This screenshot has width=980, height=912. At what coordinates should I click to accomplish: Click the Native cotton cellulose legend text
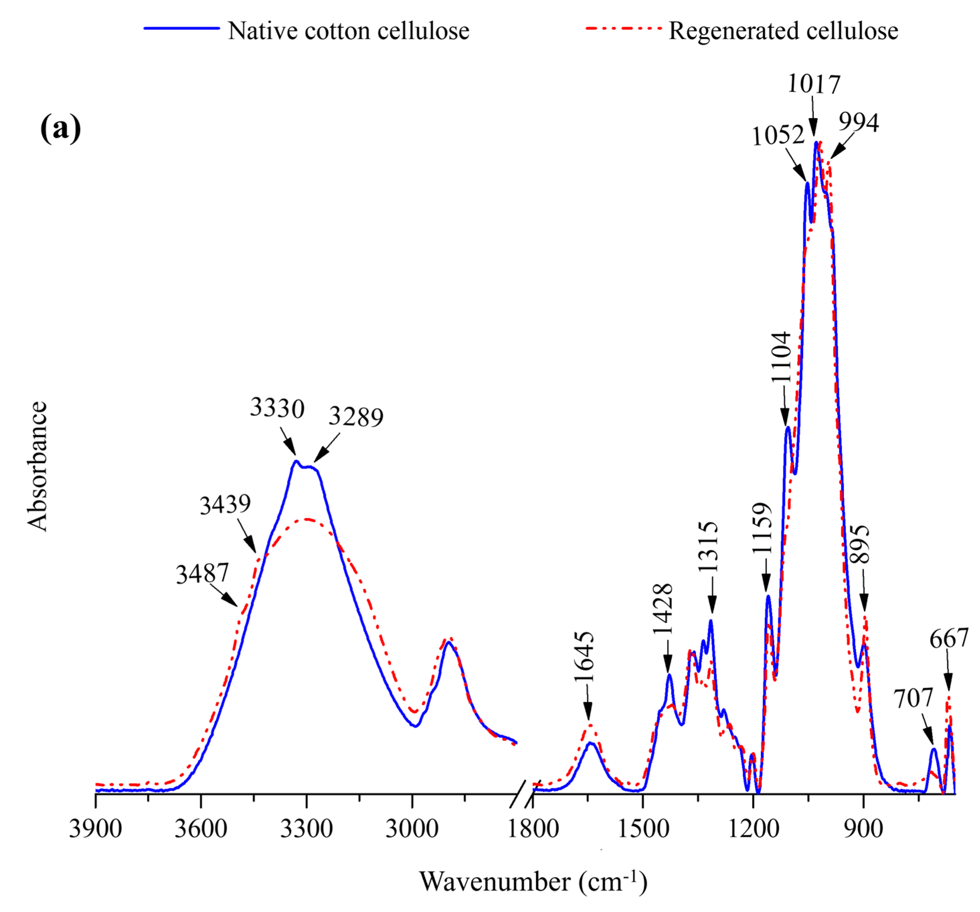[349, 31]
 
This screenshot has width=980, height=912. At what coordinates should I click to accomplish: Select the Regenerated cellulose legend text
[783, 31]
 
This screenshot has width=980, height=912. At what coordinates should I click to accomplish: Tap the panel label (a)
[60, 129]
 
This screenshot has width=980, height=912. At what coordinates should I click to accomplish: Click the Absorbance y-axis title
[37, 466]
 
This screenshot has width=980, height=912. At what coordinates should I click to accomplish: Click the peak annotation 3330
[277, 408]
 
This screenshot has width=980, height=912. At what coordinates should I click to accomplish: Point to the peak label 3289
[356, 417]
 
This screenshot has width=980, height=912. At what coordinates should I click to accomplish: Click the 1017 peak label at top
[813, 84]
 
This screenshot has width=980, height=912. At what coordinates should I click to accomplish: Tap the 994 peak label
[859, 123]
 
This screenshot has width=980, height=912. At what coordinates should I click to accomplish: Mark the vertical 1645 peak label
[585, 657]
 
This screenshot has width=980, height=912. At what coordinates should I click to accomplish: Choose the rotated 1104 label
[781, 357]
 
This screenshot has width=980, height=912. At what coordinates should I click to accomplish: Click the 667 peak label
[949, 639]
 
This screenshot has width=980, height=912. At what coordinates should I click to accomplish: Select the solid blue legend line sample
[181, 28]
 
